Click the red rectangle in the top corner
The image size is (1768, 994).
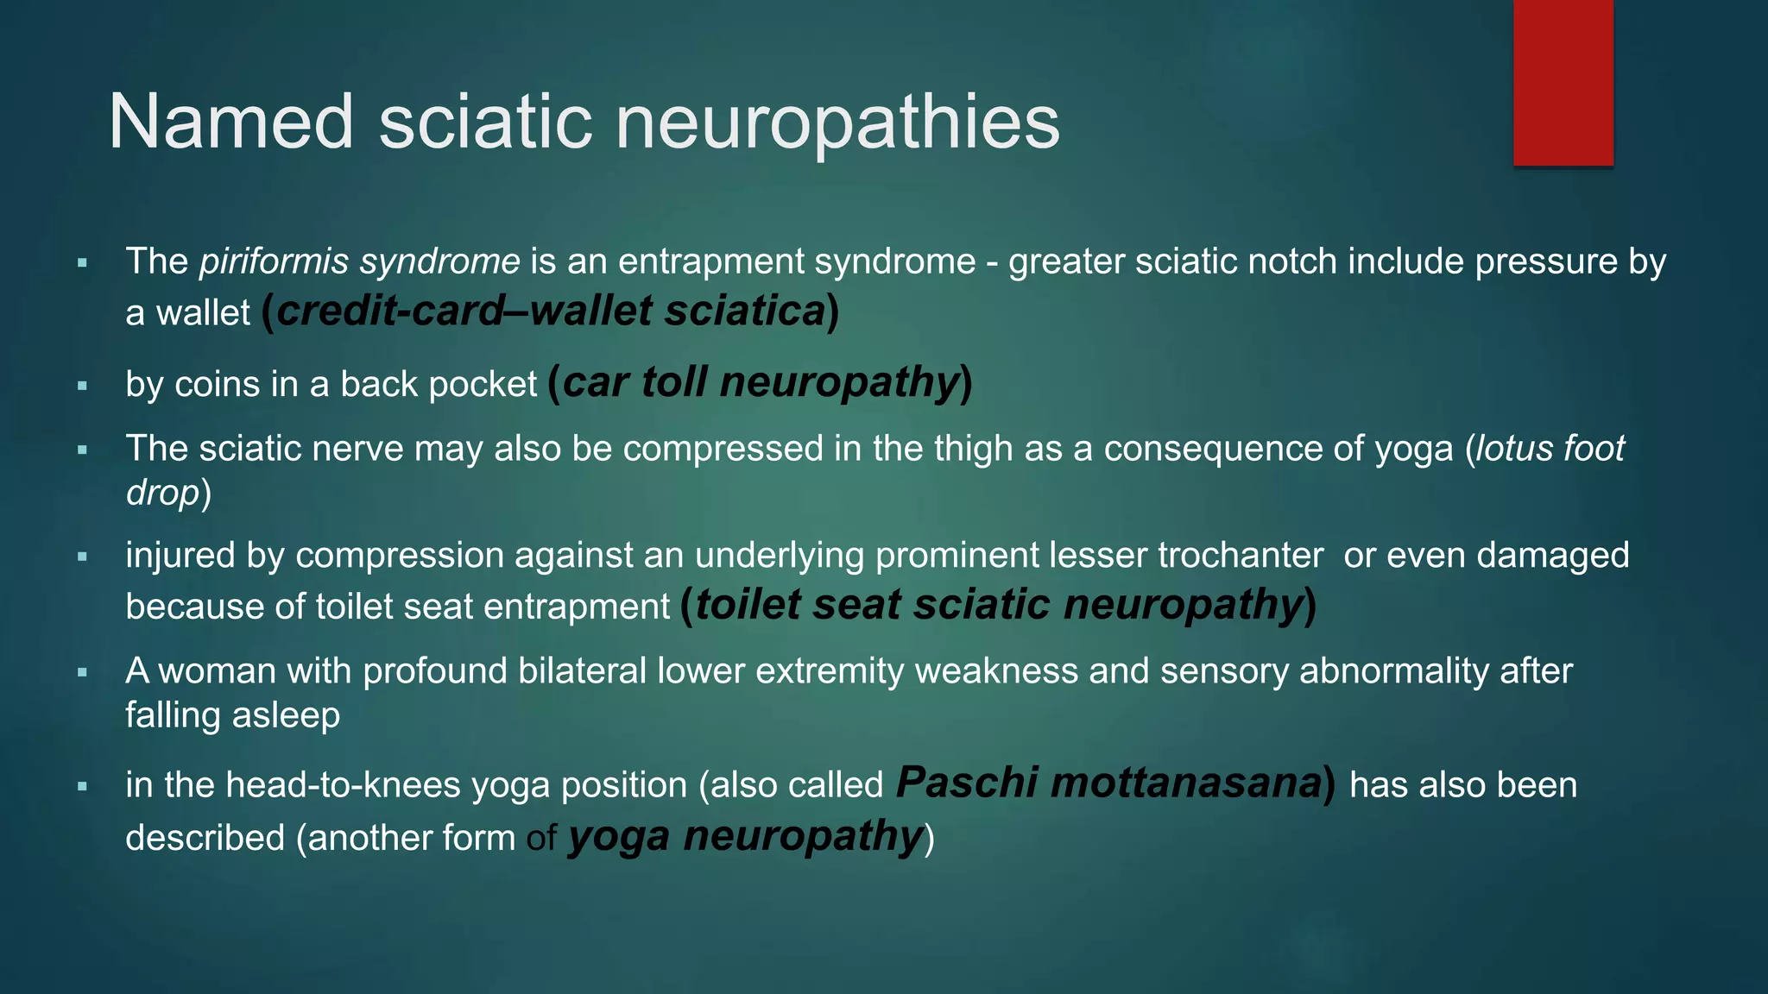(x=1563, y=83)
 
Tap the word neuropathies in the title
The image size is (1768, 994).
(x=837, y=122)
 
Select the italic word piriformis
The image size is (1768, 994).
(x=274, y=261)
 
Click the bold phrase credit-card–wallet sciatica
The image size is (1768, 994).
(x=551, y=311)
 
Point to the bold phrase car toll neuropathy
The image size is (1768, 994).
(x=761, y=382)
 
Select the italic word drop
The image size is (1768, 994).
(x=162, y=493)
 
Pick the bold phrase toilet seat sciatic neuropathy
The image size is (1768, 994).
(x=999, y=605)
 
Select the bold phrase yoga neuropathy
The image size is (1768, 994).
(x=746, y=836)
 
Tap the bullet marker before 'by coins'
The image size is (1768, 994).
(x=83, y=386)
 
